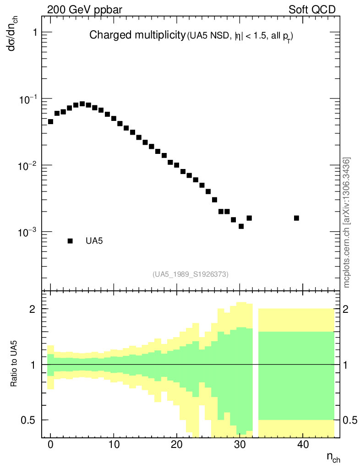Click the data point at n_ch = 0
click(50, 122)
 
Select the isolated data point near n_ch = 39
click(296, 218)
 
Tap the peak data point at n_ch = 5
click(82, 104)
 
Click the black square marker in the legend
click(70, 241)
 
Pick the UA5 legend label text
click(94, 241)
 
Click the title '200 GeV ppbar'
click(85, 9)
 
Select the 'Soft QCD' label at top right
click(312, 9)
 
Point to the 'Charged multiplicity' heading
click(136, 35)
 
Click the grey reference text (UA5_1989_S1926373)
click(191, 274)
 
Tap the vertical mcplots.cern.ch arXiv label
click(347, 223)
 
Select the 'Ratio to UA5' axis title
click(15, 365)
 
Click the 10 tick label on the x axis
click(114, 444)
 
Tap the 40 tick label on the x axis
click(303, 444)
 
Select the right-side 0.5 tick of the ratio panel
click(350, 420)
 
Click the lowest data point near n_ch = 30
click(241, 226)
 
